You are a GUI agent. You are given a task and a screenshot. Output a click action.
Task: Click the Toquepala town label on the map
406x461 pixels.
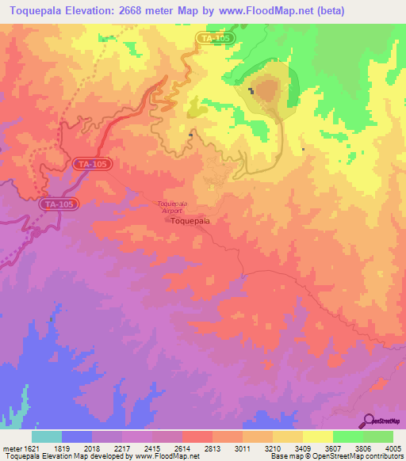[191, 222]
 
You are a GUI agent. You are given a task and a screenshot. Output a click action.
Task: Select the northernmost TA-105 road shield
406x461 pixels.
[215, 37]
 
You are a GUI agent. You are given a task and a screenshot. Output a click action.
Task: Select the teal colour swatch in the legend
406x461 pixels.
[47, 437]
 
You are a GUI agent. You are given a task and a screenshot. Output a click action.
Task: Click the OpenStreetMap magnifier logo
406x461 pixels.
[369, 420]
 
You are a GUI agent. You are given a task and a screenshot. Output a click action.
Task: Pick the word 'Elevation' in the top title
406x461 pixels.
[87, 11]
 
